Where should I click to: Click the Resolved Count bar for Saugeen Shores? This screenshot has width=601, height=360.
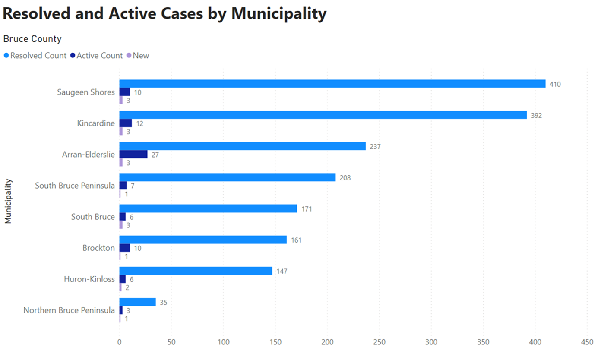point(332,84)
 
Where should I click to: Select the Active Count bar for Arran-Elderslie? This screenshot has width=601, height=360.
point(133,155)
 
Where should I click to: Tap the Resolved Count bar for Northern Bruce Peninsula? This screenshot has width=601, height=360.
point(137,302)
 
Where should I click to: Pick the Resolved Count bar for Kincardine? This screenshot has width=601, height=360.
point(323,115)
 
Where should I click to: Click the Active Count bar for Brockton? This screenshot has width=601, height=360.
point(124,248)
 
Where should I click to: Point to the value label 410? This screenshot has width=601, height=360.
point(555,84)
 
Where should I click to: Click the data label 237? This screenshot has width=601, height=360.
point(375,146)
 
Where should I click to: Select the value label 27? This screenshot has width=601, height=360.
point(155,155)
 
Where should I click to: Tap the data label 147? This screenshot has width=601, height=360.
point(282,271)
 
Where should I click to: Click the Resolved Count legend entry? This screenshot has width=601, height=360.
point(38,56)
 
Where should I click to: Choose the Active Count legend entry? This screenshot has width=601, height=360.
point(99,56)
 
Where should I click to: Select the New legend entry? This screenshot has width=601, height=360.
point(141,56)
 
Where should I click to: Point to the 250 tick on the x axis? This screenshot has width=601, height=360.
point(379,342)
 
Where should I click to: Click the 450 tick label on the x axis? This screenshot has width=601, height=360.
point(587,342)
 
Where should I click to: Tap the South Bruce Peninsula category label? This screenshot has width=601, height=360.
point(75,186)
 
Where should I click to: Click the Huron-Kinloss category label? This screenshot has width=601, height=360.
point(89,279)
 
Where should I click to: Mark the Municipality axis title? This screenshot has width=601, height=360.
point(8,201)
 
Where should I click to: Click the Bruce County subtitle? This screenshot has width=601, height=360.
point(32,39)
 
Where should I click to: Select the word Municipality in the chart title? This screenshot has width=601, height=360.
point(278,14)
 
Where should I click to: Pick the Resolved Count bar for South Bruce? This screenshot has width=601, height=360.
point(208,208)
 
